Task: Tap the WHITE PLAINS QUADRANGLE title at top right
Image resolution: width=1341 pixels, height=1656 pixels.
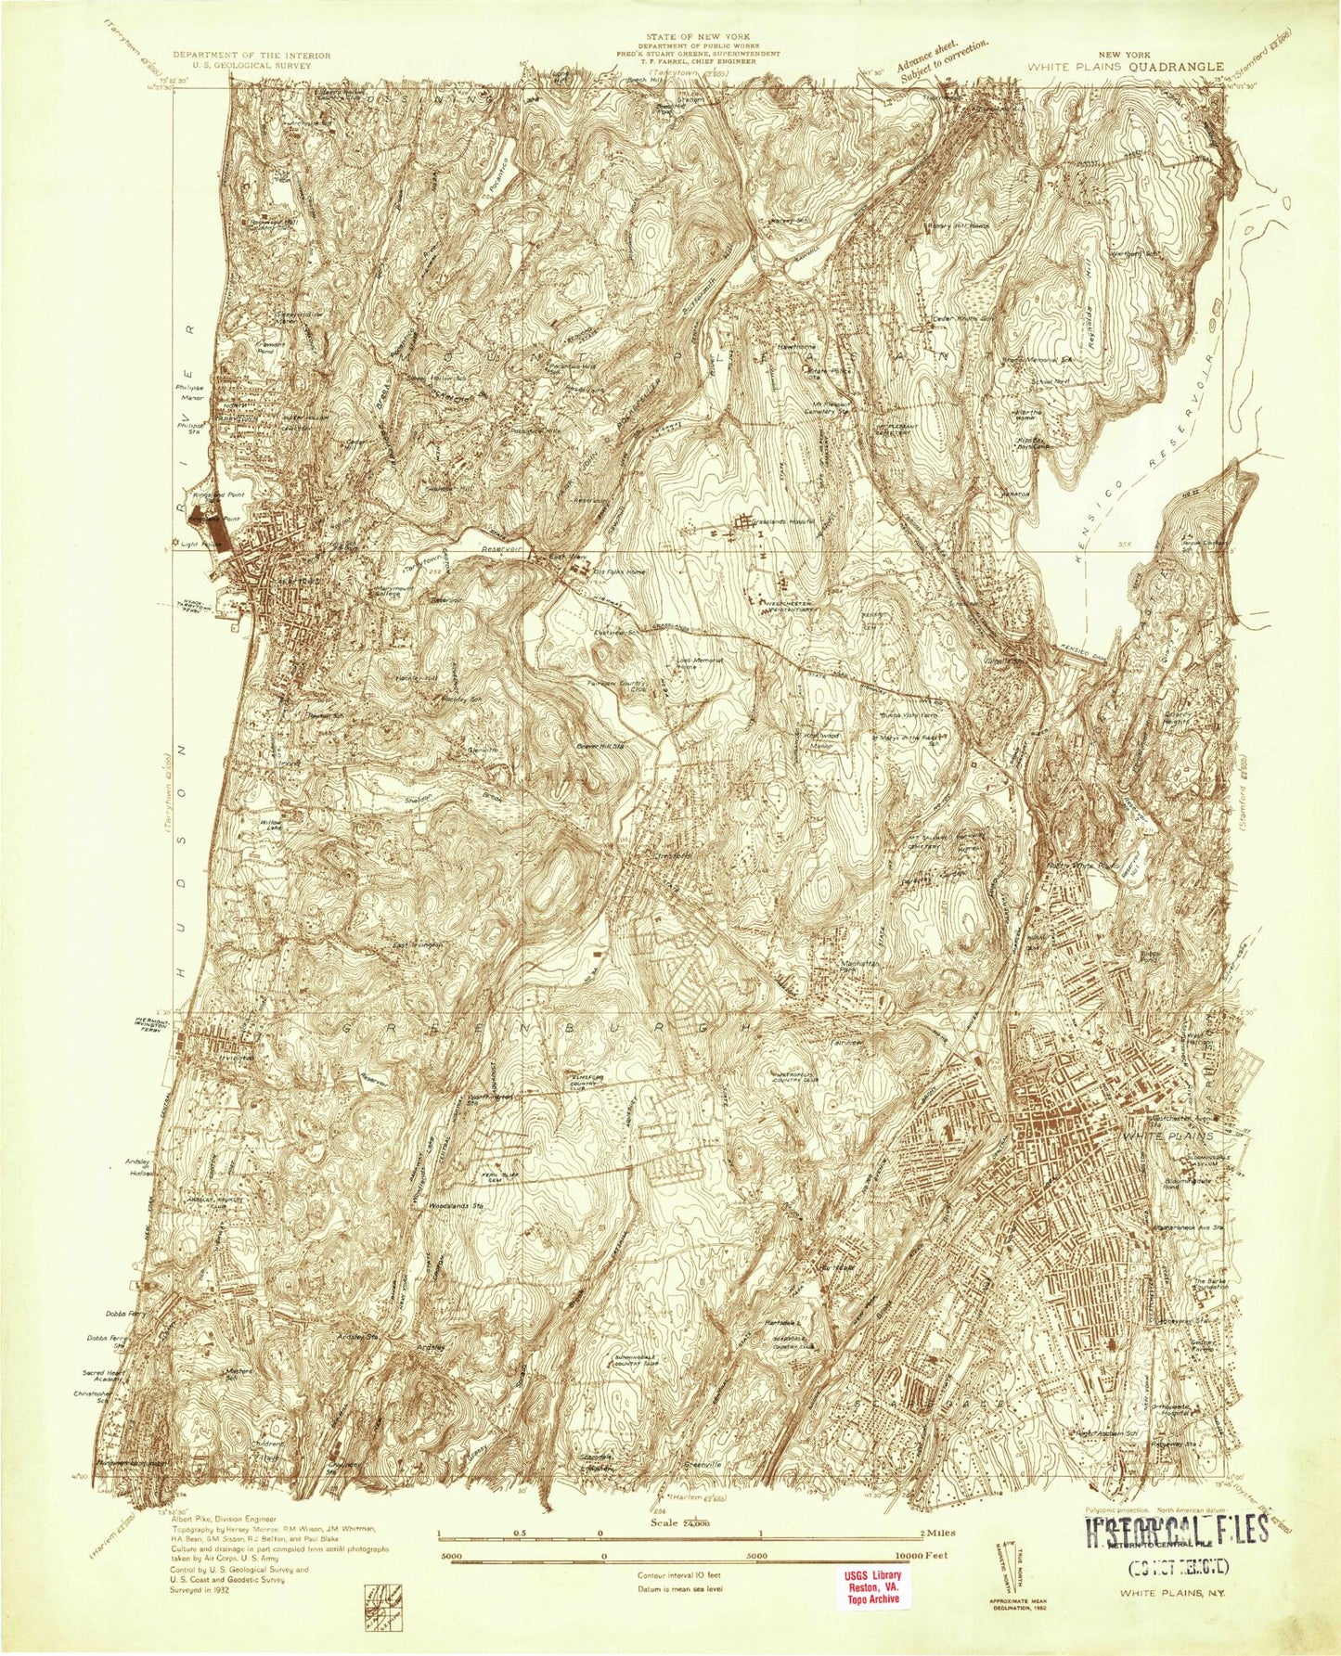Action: (x=1124, y=67)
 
